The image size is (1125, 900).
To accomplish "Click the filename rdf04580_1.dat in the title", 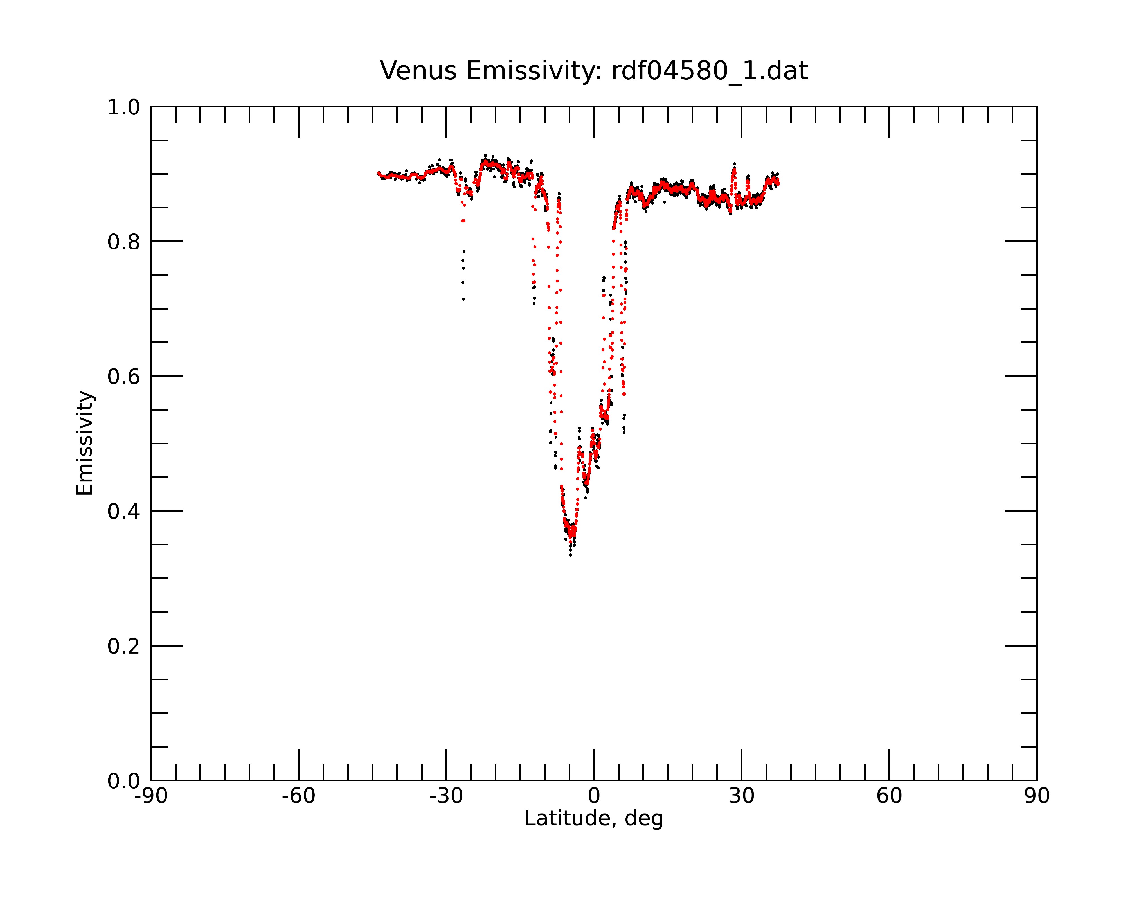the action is [710, 71].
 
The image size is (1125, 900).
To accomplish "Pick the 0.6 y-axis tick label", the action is [124, 377].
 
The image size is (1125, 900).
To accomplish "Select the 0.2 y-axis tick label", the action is [124, 646].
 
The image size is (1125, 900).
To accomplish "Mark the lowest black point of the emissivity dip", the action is [570, 555].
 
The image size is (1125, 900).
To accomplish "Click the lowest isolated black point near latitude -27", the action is [463, 299].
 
